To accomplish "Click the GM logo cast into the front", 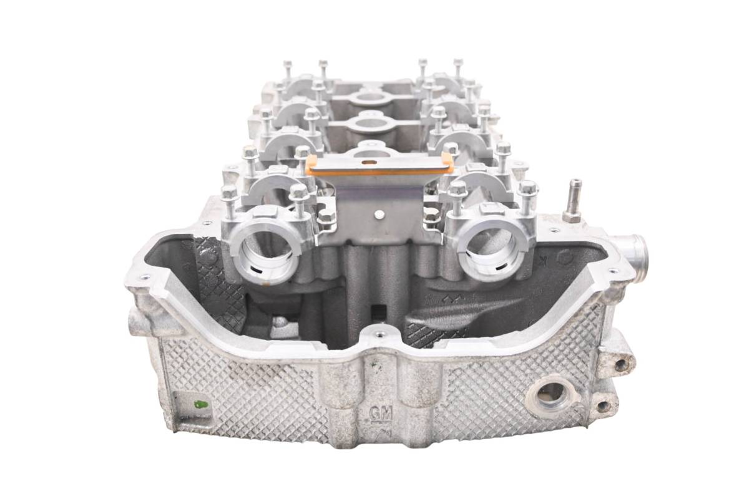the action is point(381,414).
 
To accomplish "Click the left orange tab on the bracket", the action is point(312,164).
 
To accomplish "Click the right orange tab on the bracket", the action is point(448,163).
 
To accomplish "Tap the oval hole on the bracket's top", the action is point(368,162).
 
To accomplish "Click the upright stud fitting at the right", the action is point(573,201).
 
